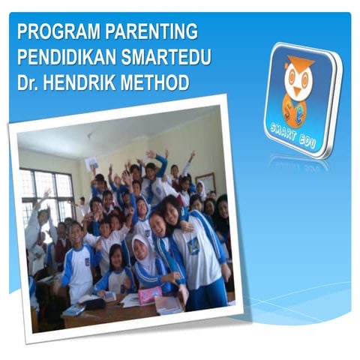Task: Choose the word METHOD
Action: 159,82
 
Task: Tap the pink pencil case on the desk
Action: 151,295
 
